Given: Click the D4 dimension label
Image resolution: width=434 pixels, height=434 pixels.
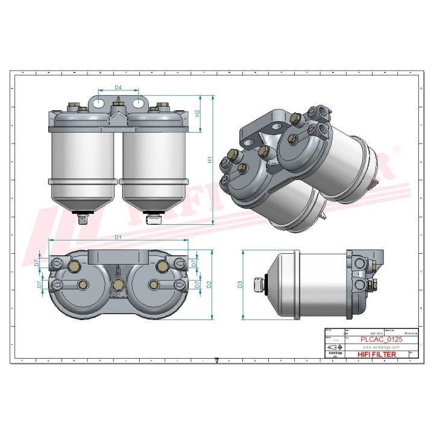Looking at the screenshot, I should (119, 88).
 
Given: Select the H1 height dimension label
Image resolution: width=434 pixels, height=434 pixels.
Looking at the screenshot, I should (209, 160).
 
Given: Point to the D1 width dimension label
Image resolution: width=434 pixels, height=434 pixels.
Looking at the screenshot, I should (119, 237).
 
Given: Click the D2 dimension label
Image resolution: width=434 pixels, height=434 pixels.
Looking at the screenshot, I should (209, 284).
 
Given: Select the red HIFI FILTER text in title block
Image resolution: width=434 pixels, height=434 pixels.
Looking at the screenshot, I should (377, 354).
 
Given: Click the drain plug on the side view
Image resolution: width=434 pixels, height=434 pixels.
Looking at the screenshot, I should (259, 284).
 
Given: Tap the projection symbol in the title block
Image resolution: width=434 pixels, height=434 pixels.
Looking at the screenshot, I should (333, 348).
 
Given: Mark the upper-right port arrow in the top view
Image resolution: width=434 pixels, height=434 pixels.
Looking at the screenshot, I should (179, 263).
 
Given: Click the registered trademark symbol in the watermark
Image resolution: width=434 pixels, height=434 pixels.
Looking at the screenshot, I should (396, 148).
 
